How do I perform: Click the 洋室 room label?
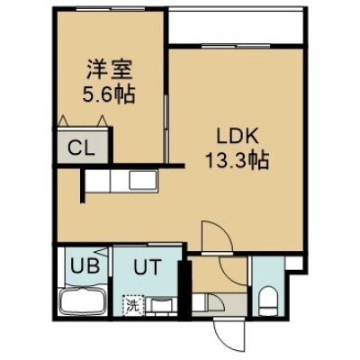(x=110, y=70)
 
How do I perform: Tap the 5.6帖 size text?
(x=109, y=94)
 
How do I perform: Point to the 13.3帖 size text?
(x=237, y=162)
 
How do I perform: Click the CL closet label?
(x=81, y=148)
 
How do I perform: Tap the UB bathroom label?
(x=85, y=265)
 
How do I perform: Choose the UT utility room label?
(x=148, y=266)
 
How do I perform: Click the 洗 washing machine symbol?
(x=133, y=305)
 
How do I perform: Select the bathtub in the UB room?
(x=83, y=301)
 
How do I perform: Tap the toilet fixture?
(x=267, y=301)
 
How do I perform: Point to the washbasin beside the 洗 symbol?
(x=162, y=306)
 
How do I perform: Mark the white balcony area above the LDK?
(x=236, y=26)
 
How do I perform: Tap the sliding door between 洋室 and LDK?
(x=166, y=130)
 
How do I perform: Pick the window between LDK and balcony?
(x=236, y=46)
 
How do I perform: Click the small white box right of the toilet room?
(x=293, y=263)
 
